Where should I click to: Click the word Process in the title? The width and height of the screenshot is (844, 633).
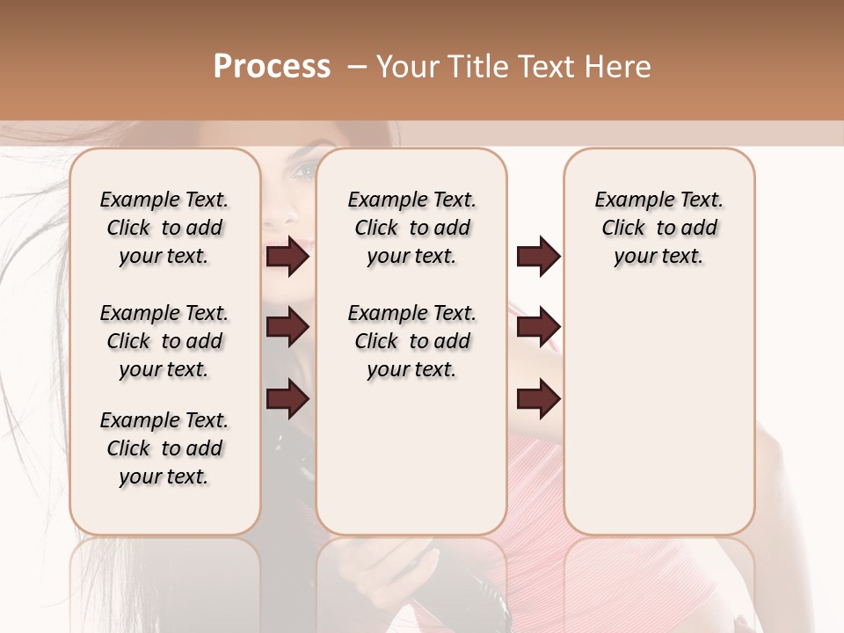pos(272,66)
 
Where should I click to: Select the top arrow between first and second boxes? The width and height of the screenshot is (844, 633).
pos(287,257)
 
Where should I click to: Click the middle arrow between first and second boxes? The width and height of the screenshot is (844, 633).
pos(287,327)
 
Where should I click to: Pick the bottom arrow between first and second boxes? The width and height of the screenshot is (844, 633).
pos(287,399)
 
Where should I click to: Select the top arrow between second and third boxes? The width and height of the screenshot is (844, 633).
pos(538,257)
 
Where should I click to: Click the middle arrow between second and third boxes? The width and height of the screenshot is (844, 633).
pos(538,327)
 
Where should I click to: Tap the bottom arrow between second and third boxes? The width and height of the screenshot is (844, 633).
pos(538,399)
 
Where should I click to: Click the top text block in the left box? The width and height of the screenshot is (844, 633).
pos(164,228)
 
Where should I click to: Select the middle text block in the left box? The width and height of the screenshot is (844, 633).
pos(164,341)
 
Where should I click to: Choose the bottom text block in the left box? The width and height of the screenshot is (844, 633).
pos(164,448)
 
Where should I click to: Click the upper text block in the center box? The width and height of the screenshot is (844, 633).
pos(411,228)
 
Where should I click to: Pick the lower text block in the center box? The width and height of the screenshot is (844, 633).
pos(411,341)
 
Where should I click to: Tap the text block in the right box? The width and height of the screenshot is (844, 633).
pos(658,228)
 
